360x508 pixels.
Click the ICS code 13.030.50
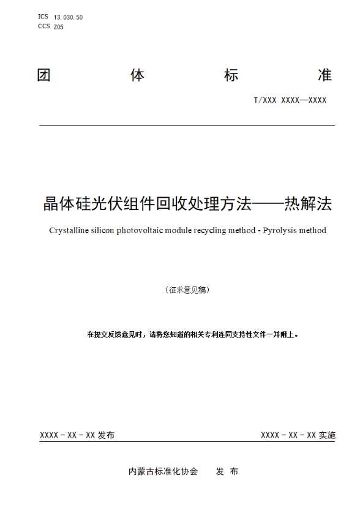(x=68, y=17)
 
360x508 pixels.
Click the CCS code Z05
(x=59, y=27)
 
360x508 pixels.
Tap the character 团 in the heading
(x=43, y=75)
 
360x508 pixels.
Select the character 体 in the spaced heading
(x=138, y=75)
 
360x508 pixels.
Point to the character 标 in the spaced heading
(x=231, y=75)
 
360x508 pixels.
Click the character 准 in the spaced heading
(x=325, y=75)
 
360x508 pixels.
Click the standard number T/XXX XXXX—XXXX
(x=290, y=100)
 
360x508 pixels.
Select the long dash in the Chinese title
(x=268, y=204)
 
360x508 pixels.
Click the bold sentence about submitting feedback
(x=192, y=334)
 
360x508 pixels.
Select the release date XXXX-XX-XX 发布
(x=77, y=435)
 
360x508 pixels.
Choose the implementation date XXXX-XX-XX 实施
(x=298, y=435)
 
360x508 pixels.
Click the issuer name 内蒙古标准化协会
(x=163, y=471)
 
